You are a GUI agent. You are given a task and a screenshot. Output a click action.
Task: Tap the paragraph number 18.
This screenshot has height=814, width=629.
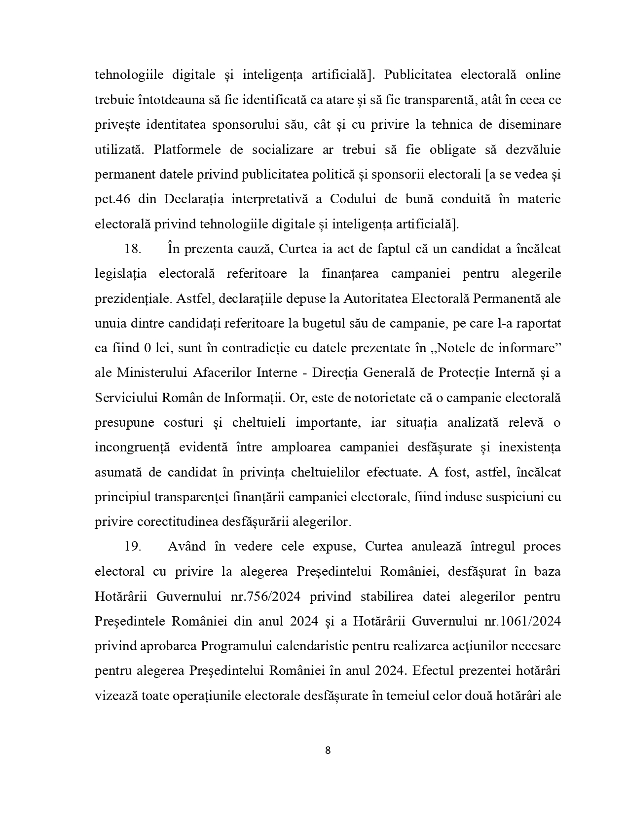click(x=133, y=249)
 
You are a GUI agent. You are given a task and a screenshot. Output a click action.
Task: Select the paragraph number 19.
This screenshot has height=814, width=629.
click(x=133, y=547)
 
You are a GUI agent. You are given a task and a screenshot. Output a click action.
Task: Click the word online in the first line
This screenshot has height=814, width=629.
click(x=543, y=75)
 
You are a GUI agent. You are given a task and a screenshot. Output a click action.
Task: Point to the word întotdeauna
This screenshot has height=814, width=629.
click(x=157, y=100)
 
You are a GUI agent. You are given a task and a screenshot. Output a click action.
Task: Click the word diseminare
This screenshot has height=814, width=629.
click(x=531, y=124)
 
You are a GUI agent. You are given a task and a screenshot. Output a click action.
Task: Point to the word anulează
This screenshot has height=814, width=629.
click(x=438, y=547)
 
